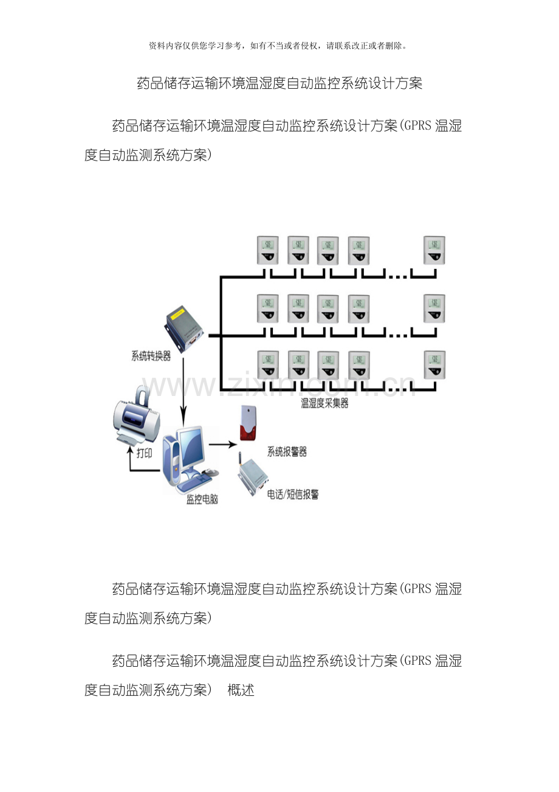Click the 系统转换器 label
tap(151, 356)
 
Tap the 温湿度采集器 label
tap(324, 403)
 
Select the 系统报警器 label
tap(287, 451)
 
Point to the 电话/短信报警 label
tap(293, 495)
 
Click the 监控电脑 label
tap(202, 499)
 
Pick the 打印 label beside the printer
tap(145, 454)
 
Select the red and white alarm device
tap(247, 423)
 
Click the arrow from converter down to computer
tap(183, 389)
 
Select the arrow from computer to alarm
tap(222, 445)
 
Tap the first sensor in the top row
tap(267, 250)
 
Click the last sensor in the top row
tap(434, 250)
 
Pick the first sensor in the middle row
tap(267, 308)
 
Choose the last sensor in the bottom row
tap(434, 365)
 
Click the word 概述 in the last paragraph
tap(241, 690)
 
